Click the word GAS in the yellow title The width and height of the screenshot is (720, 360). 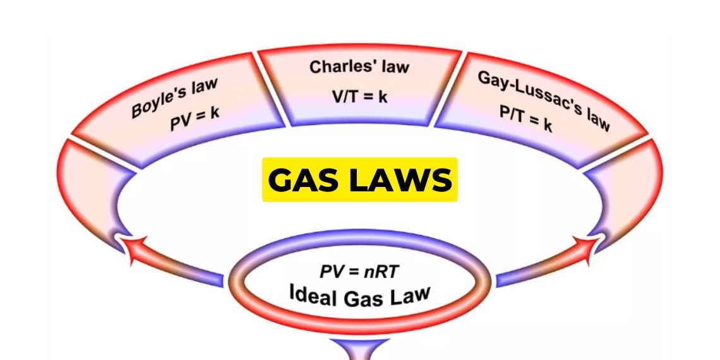point(307,180)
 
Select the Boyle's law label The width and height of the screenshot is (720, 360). point(174,98)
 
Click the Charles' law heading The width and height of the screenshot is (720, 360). point(359,67)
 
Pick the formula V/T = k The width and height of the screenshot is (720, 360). point(359,97)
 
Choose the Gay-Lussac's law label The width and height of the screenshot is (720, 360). point(544,100)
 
